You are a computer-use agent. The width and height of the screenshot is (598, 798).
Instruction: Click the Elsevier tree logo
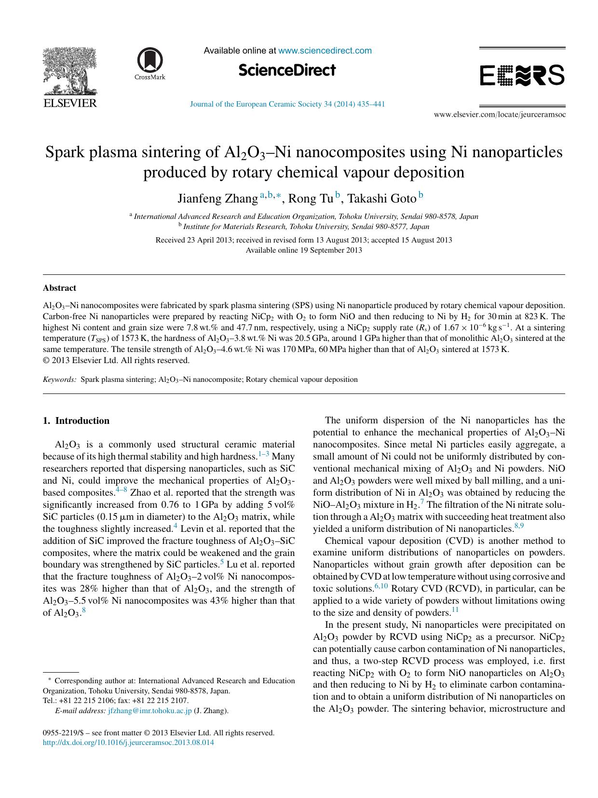[69, 72]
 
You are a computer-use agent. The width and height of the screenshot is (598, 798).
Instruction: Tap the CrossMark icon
[149, 63]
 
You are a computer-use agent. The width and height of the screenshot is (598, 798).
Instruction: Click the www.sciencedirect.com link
[325, 51]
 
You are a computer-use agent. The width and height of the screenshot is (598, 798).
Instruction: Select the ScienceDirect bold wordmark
[287, 70]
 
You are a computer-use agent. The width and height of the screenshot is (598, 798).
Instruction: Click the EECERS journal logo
[522, 76]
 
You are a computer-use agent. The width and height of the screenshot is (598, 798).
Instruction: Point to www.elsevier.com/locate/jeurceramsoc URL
[500, 115]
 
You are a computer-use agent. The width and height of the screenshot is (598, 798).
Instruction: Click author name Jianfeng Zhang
[217, 198]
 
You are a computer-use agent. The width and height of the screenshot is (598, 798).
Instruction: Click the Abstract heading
[59, 288]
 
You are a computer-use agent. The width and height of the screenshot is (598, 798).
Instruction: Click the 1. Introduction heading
[76, 420]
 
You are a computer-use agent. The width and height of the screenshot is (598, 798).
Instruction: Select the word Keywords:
[59, 379]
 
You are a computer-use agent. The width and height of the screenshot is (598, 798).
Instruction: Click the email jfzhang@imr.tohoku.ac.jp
[150, 710]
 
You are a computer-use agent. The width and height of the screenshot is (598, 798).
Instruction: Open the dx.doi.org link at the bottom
[128, 743]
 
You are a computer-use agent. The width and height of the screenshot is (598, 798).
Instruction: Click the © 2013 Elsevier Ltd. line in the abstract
[116, 360]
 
